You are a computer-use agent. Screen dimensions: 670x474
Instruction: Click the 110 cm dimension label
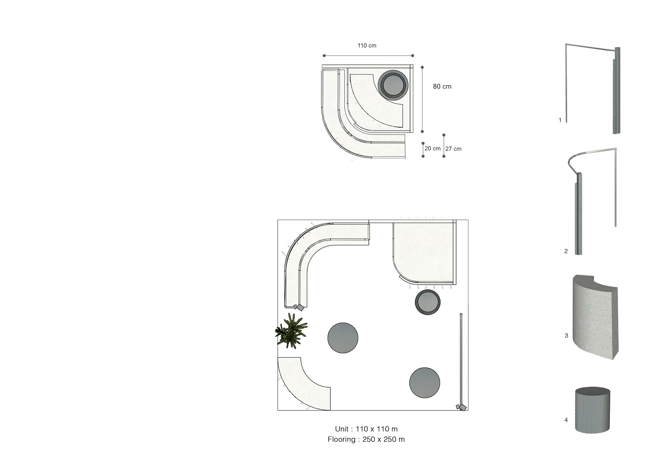[x=367, y=45]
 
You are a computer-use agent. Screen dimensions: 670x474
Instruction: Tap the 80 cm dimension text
[x=442, y=86]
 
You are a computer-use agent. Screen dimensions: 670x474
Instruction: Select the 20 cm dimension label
[x=432, y=148]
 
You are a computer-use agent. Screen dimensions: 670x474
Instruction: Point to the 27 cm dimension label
[x=453, y=149]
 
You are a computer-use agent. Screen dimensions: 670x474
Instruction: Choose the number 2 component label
[x=566, y=251]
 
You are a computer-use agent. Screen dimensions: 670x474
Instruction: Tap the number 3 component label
[x=566, y=336]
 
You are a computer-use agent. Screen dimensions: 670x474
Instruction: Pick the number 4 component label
[x=566, y=420]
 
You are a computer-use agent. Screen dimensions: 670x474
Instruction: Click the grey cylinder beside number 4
[x=592, y=410]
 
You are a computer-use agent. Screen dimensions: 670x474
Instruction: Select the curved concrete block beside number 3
[x=595, y=317]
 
